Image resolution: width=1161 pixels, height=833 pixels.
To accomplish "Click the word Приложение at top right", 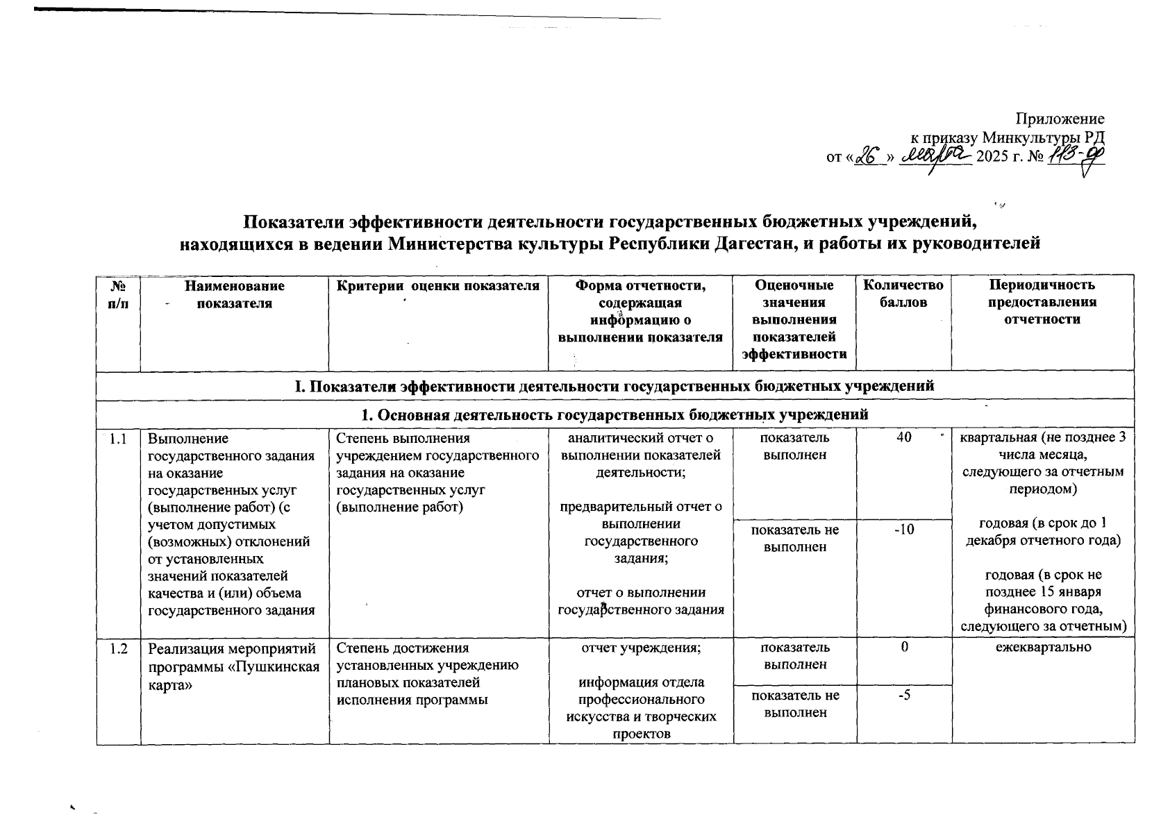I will (1060, 119).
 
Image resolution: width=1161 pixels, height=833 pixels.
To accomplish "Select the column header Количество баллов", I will (903, 294).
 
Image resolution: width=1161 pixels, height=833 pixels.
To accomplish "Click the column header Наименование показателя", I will (234, 294).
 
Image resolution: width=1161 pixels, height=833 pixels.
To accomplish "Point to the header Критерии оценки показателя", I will (437, 285).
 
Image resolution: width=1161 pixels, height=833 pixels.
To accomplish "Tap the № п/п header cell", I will (118, 294).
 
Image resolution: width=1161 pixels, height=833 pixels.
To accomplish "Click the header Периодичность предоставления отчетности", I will (1042, 302).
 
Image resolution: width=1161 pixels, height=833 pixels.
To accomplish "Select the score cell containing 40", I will (903, 438).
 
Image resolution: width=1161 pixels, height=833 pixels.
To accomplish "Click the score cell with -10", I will (903, 530).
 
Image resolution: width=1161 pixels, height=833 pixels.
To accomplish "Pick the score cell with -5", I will (903, 695).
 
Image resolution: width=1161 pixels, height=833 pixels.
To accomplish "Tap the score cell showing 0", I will (903, 647).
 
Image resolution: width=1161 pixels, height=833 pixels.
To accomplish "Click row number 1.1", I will (118, 439).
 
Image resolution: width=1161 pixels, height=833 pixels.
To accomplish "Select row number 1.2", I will (118, 648).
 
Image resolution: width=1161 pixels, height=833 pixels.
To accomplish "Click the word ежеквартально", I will (1042, 647).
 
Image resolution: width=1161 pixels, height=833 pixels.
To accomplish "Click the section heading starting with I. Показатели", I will (615, 386).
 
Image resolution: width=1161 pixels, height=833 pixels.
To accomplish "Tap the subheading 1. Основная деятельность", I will (615, 415).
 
